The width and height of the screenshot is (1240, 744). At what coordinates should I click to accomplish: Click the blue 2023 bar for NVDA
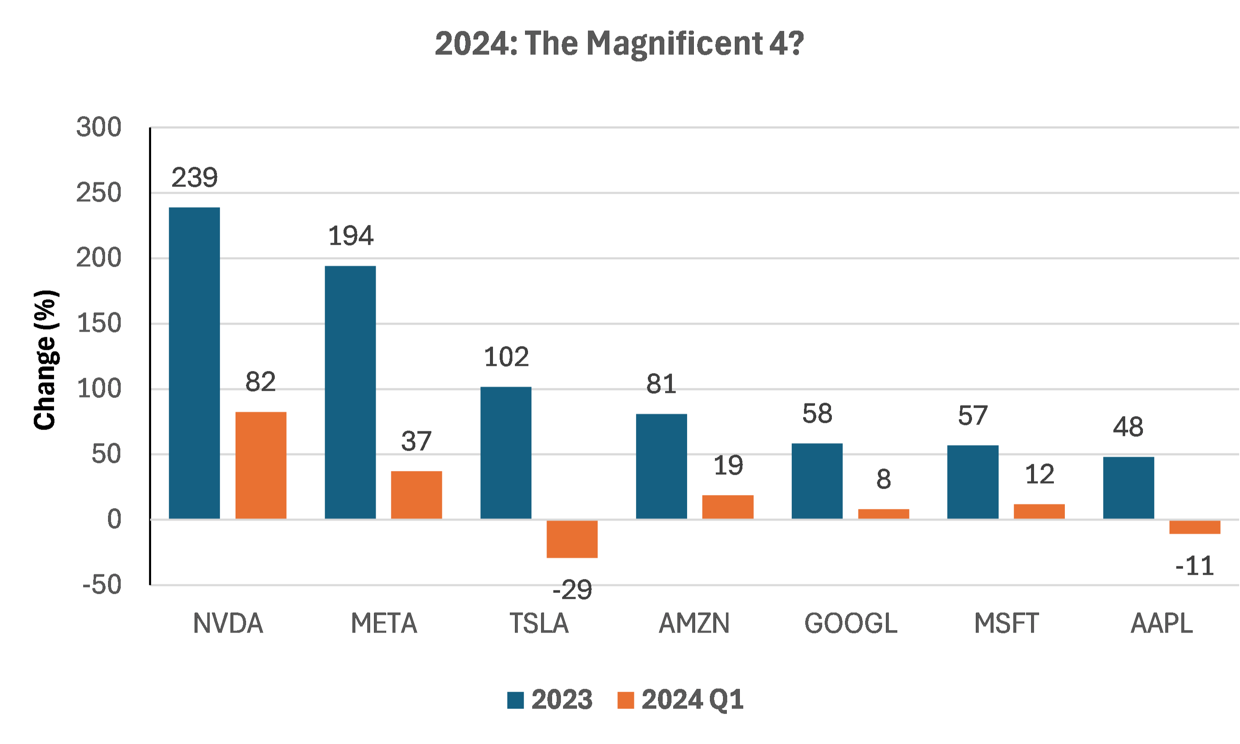pos(195,363)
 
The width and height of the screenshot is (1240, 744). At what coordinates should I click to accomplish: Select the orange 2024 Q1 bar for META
pos(416,495)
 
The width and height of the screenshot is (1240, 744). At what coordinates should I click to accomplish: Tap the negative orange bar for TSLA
pos(572,539)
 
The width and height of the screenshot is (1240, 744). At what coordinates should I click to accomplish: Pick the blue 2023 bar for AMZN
pos(661,466)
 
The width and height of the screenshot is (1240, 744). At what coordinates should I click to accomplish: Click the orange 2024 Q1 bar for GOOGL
pos(883,514)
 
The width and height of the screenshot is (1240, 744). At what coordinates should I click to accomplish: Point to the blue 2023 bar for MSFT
pos(973,482)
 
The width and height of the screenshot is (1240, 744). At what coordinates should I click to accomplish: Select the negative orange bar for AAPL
pos(1195,527)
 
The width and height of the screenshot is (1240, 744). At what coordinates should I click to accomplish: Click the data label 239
pos(195,178)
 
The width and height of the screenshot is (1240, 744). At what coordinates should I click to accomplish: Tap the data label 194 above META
pos(350,235)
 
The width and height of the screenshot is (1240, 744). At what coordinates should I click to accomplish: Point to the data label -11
pos(1195,566)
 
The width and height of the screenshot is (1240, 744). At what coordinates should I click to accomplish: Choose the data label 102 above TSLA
pos(506,357)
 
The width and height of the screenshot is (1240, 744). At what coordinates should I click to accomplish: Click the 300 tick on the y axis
pos(99,127)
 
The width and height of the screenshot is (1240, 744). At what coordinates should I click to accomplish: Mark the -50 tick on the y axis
pos(102,584)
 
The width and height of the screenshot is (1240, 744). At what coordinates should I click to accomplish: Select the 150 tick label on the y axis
pos(99,323)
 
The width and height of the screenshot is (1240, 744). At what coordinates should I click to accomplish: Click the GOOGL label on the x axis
pos(851,624)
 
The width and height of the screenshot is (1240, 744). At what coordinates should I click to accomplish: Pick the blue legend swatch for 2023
pos(515,700)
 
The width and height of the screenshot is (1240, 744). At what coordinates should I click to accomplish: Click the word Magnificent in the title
pos(674,44)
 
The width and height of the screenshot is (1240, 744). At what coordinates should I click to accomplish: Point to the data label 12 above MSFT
pos(1040,474)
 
